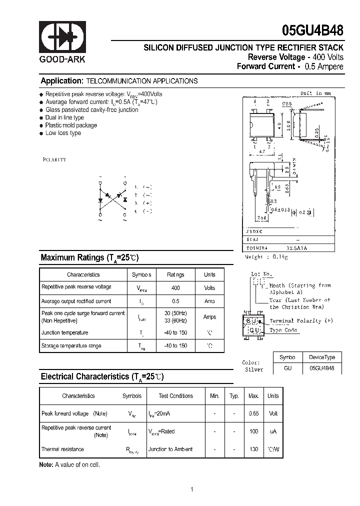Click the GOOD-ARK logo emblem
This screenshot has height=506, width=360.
[63, 37]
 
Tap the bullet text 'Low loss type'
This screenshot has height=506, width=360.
[63, 133]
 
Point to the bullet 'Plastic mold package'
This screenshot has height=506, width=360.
[71, 125]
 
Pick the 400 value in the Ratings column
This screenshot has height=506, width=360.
[175, 288]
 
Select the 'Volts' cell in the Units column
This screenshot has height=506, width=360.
[209, 288]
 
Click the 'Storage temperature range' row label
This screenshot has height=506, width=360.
[71, 345]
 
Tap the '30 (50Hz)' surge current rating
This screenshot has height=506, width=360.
[175, 313]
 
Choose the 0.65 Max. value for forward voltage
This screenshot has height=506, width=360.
[253, 413]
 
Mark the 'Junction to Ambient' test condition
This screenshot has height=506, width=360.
[170, 449]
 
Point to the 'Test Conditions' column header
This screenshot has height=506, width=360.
[175, 395]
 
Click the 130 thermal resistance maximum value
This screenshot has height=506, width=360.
[253, 449]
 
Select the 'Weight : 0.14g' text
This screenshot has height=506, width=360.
[266, 256]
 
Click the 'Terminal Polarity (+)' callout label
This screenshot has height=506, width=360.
[301, 320]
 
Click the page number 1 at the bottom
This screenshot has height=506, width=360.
[191, 489]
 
